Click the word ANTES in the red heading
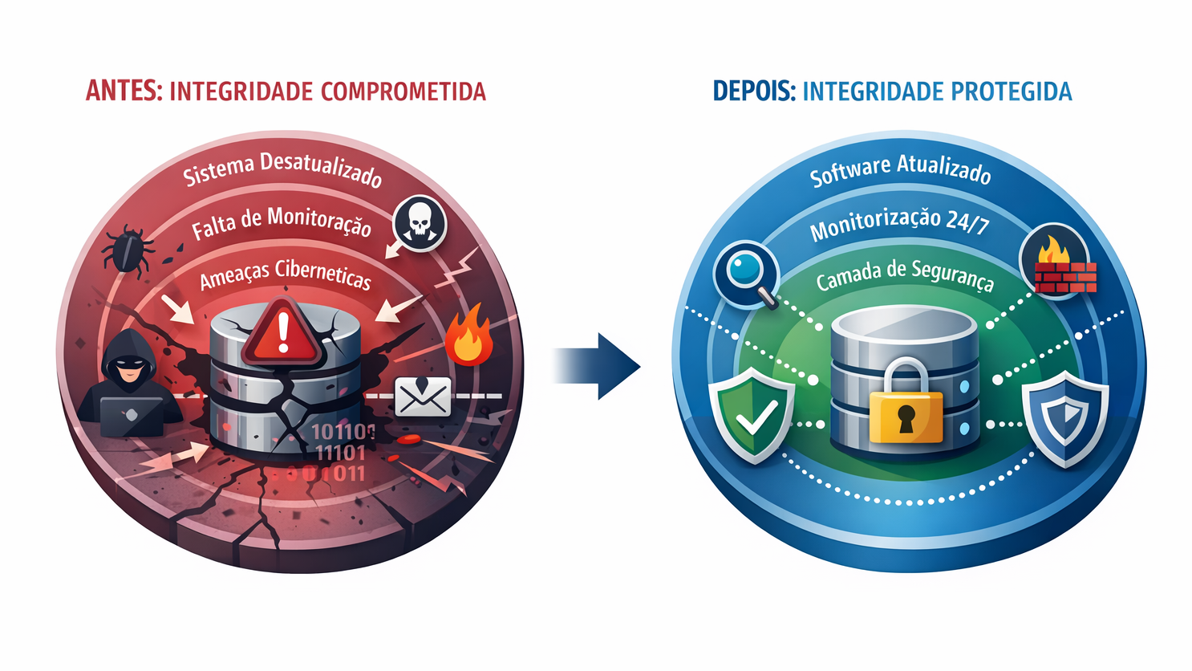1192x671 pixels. (x=123, y=91)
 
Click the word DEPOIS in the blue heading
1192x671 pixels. (x=752, y=91)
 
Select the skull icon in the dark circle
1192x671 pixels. (x=420, y=223)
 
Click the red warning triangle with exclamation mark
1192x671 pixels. (x=282, y=331)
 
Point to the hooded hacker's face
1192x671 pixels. (x=128, y=365)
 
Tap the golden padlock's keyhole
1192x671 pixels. (x=906, y=417)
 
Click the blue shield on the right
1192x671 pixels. (x=1064, y=417)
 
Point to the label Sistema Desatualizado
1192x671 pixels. (x=282, y=170)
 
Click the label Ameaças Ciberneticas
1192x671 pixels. (x=285, y=274)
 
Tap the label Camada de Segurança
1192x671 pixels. (x=905, y=276)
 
